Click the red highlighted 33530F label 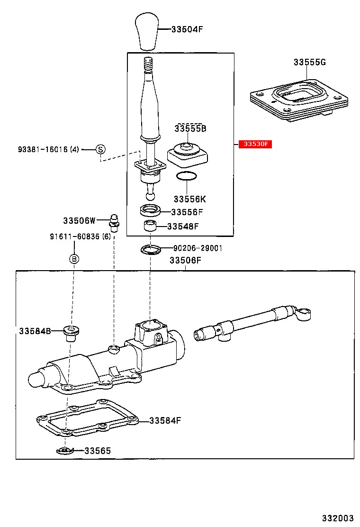255,144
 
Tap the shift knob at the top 147,31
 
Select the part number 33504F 187,29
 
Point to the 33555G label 310,62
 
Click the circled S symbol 101,149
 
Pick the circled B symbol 74,259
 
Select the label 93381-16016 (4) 48,149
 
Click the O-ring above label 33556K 187,176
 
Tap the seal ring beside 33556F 150,211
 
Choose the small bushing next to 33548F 150,226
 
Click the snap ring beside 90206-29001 151,249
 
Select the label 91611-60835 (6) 80,236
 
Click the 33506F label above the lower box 185,260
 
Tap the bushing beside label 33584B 71,333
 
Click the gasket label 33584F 165,420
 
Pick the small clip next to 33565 64,451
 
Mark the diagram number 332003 338,518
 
